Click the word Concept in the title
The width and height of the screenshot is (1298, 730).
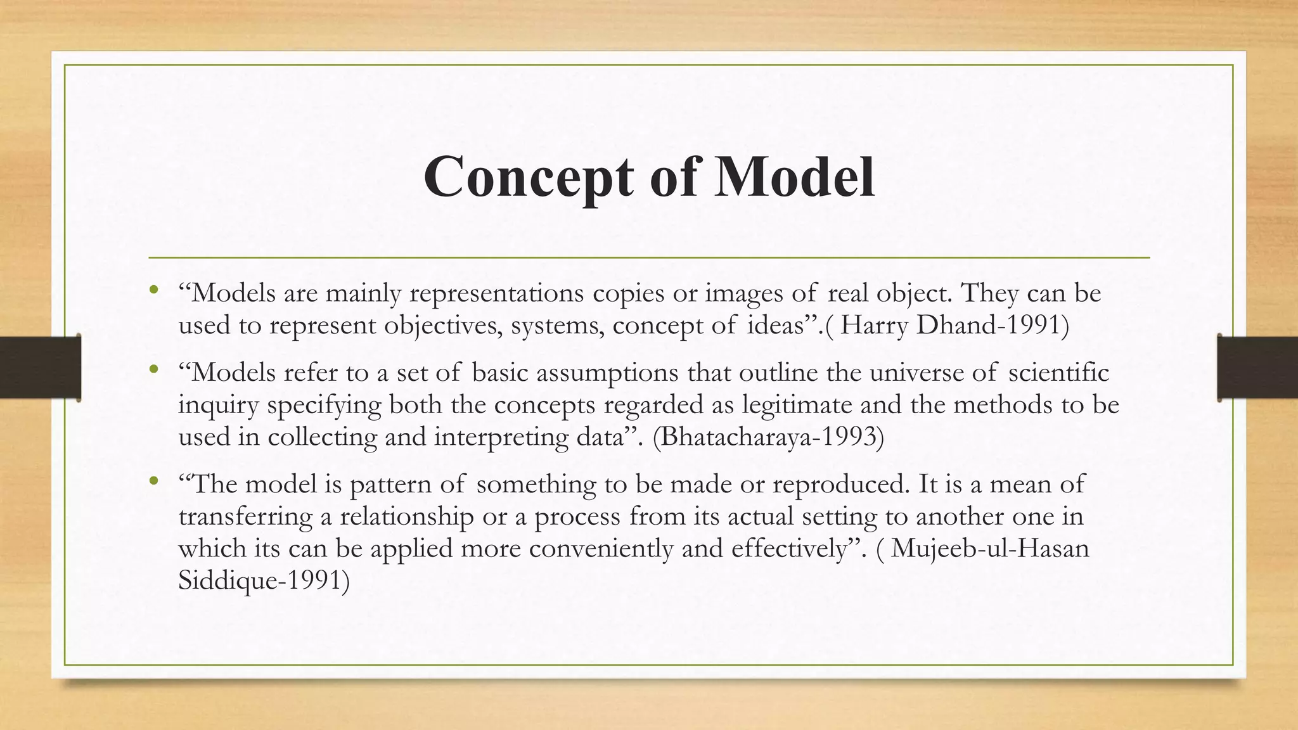pyautogui.click(x=530, y=177)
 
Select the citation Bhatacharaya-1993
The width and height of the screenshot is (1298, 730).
pyautogui.click(x=768, y=437)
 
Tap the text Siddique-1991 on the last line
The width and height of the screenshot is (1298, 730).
pyautogui.click(x=264, y=580)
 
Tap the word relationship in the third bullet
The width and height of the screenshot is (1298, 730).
pyautogui.click(x=406, y=516)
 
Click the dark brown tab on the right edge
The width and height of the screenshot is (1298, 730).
pyautogui.click(x=1257, y=368)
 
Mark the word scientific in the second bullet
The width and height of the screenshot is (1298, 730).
pyautogui.click(x=1058, y=373)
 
